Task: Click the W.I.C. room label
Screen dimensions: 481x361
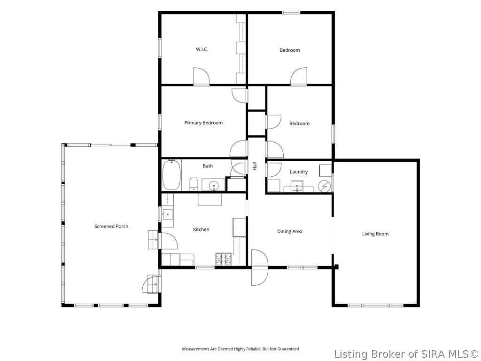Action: point(202,49)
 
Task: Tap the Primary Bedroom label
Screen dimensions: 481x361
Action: point(203,123)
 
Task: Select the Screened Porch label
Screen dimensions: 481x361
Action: point(111,226)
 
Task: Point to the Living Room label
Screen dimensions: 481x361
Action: point(375,234)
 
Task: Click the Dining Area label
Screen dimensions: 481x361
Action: point(289,231)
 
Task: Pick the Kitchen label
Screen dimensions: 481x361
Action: point(201,229)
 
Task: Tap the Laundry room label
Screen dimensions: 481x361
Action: point(298,172)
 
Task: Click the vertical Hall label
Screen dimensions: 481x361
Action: point(255,166)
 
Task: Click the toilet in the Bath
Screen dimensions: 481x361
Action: point(194,184)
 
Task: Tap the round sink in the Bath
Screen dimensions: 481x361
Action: point(214,185)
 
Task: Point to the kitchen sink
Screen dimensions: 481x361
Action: point(168,214)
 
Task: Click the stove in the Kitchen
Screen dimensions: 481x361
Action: point(223,259)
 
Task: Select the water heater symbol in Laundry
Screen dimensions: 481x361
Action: point(324,186)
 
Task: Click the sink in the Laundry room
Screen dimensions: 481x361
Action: point(297,186)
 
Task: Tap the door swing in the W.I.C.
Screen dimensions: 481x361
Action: point(201,76)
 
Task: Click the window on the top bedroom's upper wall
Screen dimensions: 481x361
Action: point(291,13)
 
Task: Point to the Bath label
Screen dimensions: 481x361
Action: point(208,166)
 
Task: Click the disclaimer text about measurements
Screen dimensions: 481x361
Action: point(240,349)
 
